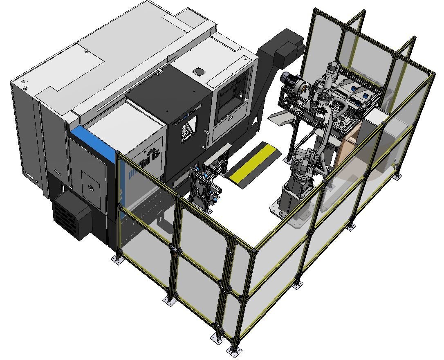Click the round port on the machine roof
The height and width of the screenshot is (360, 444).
pos(199,71)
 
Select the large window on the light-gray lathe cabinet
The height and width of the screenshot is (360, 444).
pos(231,101)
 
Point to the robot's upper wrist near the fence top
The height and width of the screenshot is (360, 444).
pos(333,70)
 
